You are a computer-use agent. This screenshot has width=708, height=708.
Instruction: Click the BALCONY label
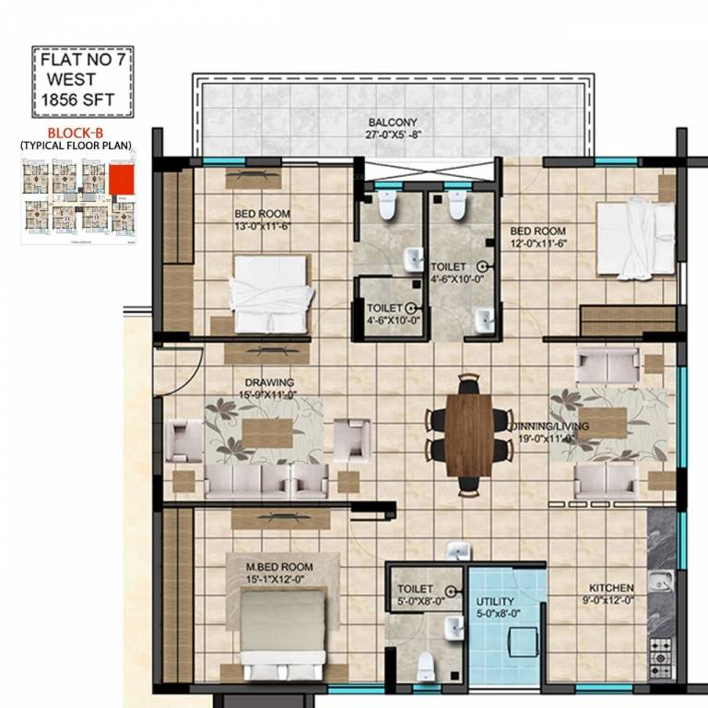(393, 123)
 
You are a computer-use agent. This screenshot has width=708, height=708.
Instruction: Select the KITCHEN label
(611, 587)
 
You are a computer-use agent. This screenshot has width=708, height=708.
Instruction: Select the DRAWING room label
(269, 383)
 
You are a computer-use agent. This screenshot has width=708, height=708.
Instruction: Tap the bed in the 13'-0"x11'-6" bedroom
(271, 293)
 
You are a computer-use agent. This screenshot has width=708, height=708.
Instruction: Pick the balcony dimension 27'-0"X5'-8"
(393, 136)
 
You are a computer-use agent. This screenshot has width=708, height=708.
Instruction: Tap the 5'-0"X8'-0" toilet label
(417, 594)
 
